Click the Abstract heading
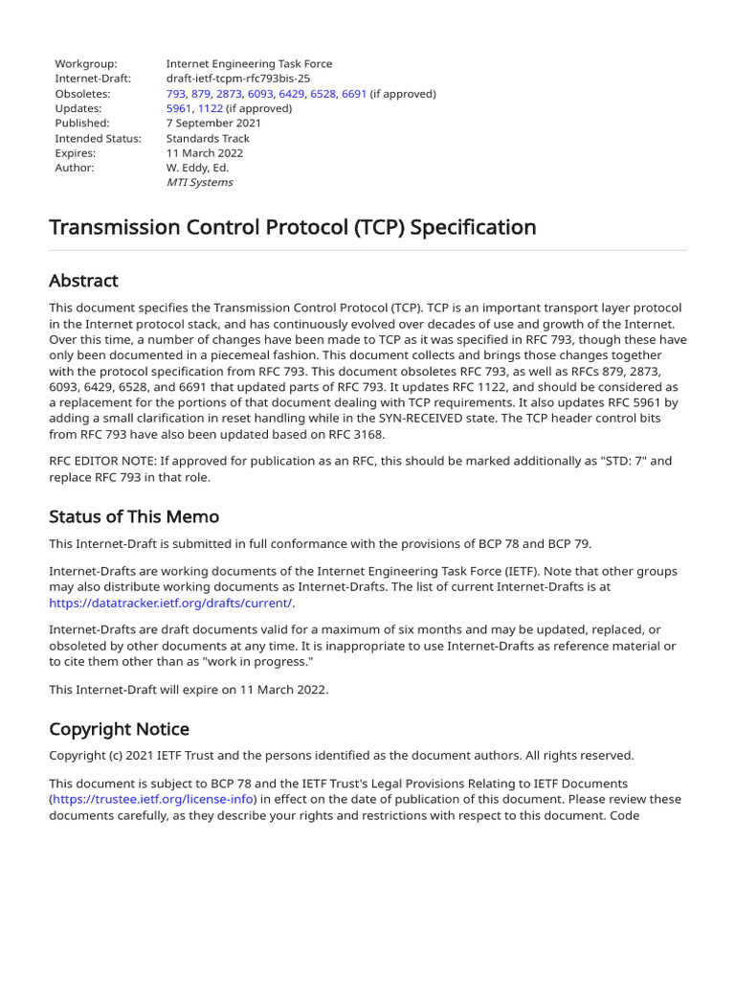tap(83, 281)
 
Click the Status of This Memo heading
tap(134, 516)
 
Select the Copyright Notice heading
tap(119, 729)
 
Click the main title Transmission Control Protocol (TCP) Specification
tap(292, 227)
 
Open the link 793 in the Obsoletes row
tap(175, 94)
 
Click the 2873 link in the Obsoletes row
tap(229, 94)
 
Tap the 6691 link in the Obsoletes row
tap(354, 94)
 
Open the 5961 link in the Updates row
tap(179, 108)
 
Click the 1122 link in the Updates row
tap(211, 108)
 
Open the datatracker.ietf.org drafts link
tap(171, 603)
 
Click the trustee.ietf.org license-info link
tap(154, 799)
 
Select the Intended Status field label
tap(98, 138)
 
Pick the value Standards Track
tap(208, 138)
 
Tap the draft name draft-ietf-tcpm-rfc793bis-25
tap(238, 79)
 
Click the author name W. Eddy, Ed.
tap(197, 168)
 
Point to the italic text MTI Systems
tap(199, 182)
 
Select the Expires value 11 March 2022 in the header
tap(205, 153)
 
